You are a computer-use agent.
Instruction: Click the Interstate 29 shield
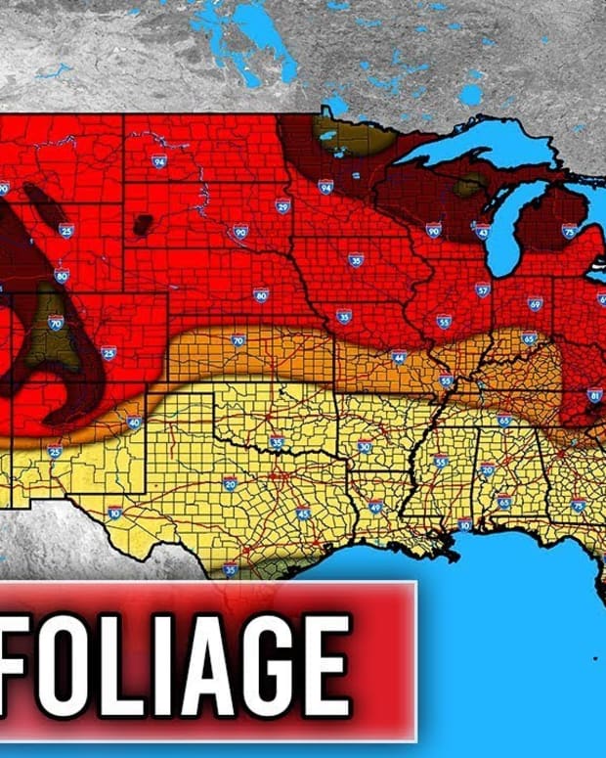(x=282, y=205)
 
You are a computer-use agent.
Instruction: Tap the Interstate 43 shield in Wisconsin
(x=482, y=231)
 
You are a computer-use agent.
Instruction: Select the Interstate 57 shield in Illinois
(x=483, y=290)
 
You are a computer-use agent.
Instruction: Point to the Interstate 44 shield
(x=399, y=357)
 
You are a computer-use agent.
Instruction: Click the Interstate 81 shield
(x=595, y=395)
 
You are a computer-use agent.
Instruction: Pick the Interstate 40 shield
(x=134, y=423)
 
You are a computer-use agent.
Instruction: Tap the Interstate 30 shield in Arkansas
(x=365, y=447)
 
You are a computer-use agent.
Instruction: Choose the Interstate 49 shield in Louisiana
(x=375, y=506)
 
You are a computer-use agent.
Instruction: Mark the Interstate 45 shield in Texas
(x=303, y=513)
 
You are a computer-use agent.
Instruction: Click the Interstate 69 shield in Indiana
(x=535, y=304)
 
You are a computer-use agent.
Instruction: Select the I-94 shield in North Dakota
(x=158, y=161)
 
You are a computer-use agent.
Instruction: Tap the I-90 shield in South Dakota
(x=240, y=232)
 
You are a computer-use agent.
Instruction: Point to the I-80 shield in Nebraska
(x=261, y=294)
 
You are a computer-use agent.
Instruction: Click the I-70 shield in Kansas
(x=238, y=340)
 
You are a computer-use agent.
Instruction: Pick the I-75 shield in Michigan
(x=569, y=231)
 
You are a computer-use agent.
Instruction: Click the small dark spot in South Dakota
(x=143, y=224)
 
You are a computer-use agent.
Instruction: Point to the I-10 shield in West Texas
(x=115, y=513)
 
